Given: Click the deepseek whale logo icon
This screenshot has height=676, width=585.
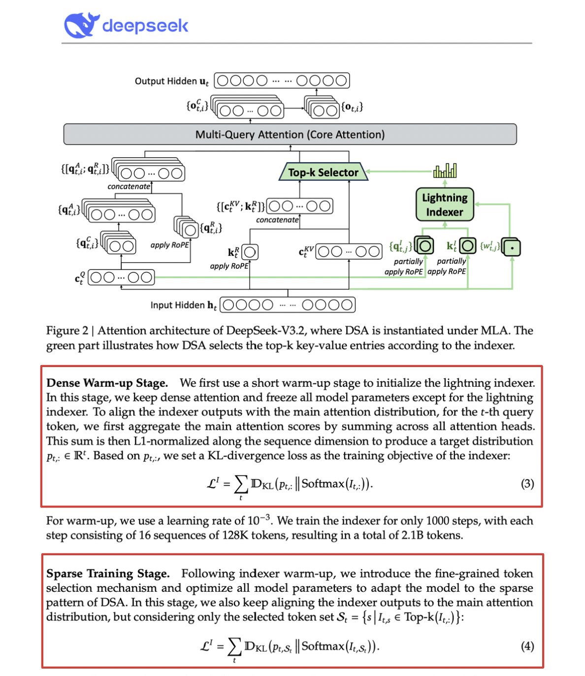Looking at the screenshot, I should pos(80,25).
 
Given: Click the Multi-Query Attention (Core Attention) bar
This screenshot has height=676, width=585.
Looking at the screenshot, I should pos(290,135).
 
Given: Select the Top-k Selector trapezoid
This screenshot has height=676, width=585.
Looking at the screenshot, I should pos(323,172).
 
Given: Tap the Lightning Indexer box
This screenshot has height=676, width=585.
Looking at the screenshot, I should pos(445,204).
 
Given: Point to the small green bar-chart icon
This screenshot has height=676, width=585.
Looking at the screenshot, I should pos(445,170).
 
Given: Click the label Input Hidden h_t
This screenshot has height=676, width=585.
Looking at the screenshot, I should pos(183,305).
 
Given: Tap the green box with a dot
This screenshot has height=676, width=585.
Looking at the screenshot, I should pos(512,247).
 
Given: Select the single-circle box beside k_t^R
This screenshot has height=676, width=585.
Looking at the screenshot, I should pos(250,252).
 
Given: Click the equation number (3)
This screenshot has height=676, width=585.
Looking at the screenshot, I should pos(527,484).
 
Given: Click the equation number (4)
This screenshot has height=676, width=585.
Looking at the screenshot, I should pos(527,646).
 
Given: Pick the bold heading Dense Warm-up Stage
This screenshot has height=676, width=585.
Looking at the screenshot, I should pos(107,383).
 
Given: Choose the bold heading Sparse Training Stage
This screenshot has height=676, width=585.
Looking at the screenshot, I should pos(108,574).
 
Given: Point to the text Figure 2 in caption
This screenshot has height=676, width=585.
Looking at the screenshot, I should pos(67,331).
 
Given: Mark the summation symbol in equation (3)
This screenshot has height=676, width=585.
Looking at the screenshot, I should pos(241,484).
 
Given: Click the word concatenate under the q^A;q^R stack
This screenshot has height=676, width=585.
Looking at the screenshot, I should pos(129,187).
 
